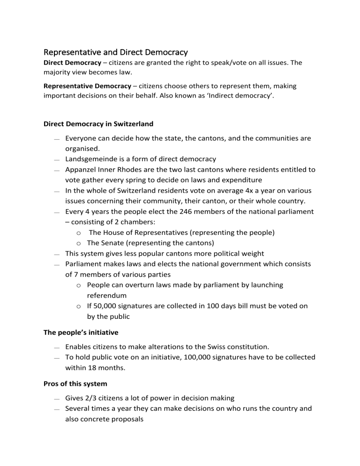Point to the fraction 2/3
[95, 398]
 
